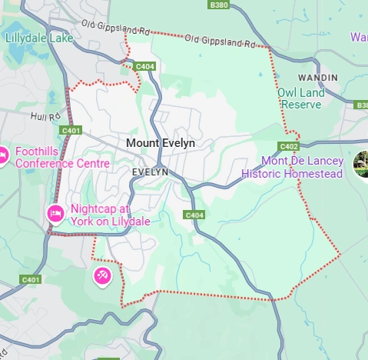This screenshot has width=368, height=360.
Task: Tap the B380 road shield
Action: click(x=219, y=4)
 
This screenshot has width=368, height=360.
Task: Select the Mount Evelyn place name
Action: click(x=161, y=143)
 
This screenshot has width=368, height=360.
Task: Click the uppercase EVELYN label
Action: click(x=149, y=172)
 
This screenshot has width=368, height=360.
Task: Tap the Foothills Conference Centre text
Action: click(x=62, y=157)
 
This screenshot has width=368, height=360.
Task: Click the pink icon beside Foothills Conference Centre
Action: click(x=3, y=156)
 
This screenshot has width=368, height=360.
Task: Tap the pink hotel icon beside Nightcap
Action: click(x=55, y=213)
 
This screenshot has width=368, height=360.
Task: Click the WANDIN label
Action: click(x=317, y=78)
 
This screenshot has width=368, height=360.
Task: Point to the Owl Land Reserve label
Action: click(x=300, y=98)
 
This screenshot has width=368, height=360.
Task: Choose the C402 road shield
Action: click(x=288, y=146)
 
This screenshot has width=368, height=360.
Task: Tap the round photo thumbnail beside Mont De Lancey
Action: click(x=361, y=164)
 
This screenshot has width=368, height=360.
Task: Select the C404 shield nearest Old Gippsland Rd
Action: click(x=145, y=68)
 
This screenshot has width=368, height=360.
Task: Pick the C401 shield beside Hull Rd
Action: click(x=71, y=131)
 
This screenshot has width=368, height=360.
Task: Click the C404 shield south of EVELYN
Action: click(x=194, y=215)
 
